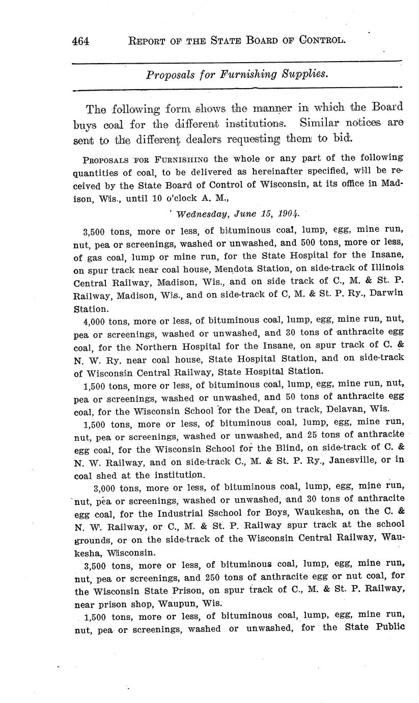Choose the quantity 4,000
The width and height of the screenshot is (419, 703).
[x=94, y=320]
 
